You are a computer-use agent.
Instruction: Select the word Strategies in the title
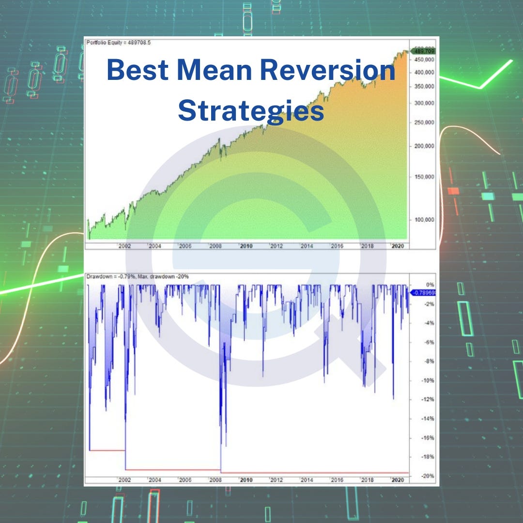coord(251,110)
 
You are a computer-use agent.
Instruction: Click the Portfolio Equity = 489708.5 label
coord(111,42)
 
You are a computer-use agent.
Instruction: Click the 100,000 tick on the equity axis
coord(424,219)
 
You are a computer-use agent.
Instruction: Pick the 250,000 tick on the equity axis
coord(424,123)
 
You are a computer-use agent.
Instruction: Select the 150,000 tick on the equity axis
coord(424,177)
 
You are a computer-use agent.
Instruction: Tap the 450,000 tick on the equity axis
coord(424,60)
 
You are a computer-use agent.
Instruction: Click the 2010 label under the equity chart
coord(246,246)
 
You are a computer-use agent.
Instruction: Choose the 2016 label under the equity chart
coord(337,246)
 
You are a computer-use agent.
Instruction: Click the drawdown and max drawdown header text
coord(138,277)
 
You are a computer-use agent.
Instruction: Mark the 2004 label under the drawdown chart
coord(155,480)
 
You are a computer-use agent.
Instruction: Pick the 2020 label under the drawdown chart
coord(398,480)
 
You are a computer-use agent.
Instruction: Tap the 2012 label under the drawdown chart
coord(277,480)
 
